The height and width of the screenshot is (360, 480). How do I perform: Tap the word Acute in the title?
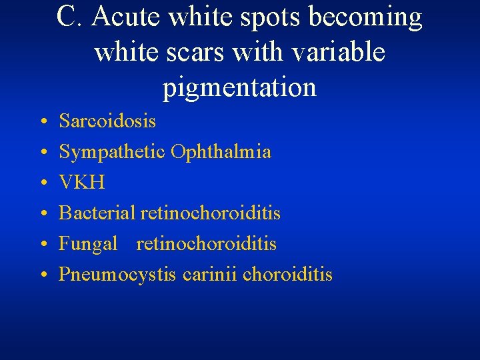[127, 17]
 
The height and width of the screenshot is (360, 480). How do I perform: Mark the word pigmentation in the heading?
[239, 88]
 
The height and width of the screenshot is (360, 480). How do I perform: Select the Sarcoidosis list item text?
[107, 121]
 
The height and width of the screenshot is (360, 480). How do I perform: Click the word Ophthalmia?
[221, 152]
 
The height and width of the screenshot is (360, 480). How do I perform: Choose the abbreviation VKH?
[82, 182]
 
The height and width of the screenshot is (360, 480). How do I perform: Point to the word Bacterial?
[97, 213]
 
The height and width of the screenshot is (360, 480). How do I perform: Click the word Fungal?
[88, 244]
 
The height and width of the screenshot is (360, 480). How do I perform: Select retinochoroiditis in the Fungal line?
[206, 243]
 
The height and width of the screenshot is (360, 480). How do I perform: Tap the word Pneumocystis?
[117, 275]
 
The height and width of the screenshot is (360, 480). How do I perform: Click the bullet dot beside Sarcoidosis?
[43, 122]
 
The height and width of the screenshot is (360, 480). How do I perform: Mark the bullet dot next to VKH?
[43, 183]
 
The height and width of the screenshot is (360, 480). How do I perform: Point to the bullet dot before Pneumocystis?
[43, 275]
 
